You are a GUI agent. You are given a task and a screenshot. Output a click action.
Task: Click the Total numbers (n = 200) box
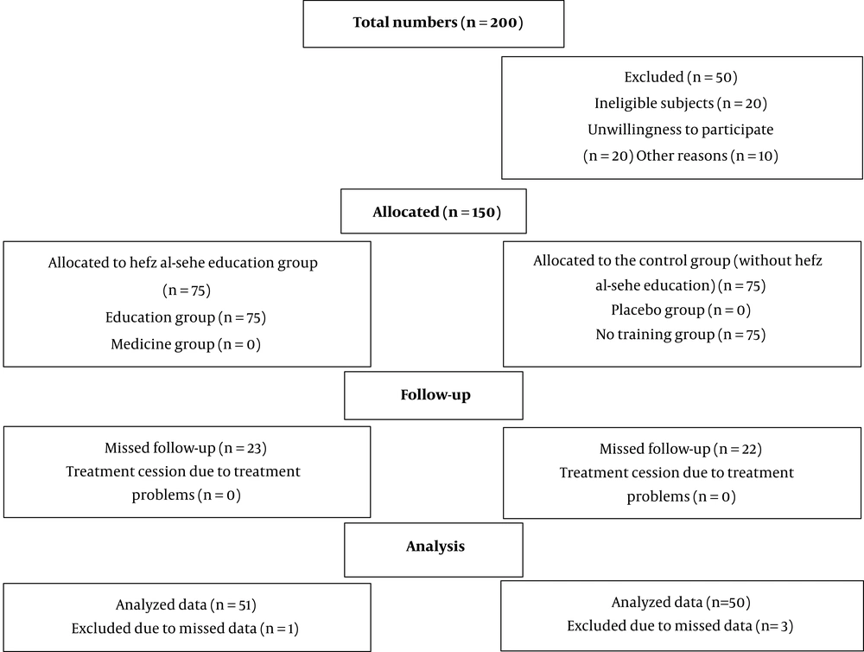(x=434, y=23)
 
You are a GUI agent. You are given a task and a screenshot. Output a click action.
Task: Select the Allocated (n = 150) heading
(x=436, y=213)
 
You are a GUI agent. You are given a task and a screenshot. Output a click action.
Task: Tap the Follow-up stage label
(x=435, y=395)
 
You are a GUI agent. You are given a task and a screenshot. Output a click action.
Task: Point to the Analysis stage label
(x=435, y=547)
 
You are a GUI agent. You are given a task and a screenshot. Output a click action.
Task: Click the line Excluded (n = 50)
(x=681, y=77)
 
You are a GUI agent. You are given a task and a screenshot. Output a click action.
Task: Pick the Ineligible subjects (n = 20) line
(x=681, y=104)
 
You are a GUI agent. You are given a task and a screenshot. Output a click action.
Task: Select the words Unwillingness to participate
(x=681, y=131)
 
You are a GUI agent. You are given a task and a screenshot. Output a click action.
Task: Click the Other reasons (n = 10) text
(x=707, y=157)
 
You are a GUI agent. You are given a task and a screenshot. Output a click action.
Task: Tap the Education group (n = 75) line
(x=186, y=317)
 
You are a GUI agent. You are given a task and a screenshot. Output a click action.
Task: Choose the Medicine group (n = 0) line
(x=186, y=345)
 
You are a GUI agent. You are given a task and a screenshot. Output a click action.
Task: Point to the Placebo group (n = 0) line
(x=681, y=310)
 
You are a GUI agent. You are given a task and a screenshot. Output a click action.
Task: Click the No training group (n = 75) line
(x=681, y=335)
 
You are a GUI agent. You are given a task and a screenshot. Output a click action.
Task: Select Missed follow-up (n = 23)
(x=186, y=449)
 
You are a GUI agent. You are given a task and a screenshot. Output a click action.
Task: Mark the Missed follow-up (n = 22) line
(x=681, y=450)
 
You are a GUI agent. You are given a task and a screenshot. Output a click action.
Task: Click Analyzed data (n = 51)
(x=186, y=605)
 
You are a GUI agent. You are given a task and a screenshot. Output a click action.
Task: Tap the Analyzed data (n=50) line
(x=681, y=603)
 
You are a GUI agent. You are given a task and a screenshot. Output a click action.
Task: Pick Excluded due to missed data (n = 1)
(x=185, y=629)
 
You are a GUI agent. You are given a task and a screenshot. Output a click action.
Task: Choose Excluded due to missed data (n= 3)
(x=680, y=626)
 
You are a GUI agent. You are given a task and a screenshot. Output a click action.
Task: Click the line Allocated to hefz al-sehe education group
(x=182, y=263)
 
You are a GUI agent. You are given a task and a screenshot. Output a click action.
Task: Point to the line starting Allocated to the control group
(x=677, y=261)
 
